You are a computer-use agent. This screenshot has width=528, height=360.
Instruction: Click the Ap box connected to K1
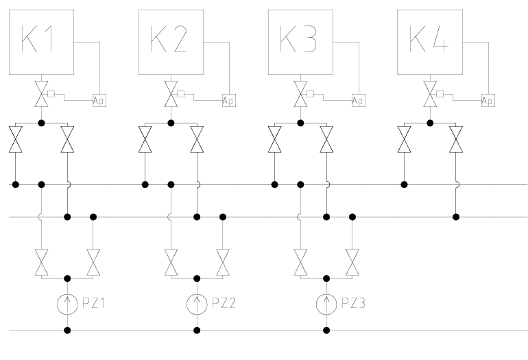(x=99, y=101)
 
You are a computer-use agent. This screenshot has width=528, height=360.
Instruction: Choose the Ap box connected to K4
(x=488, y=101)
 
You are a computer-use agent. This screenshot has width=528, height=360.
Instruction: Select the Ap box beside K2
(x=228, y=101)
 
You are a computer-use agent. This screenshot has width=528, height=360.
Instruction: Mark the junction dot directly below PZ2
(x=197, y=331)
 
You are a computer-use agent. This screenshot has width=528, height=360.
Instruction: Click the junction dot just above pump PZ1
(x=67, y=278)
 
